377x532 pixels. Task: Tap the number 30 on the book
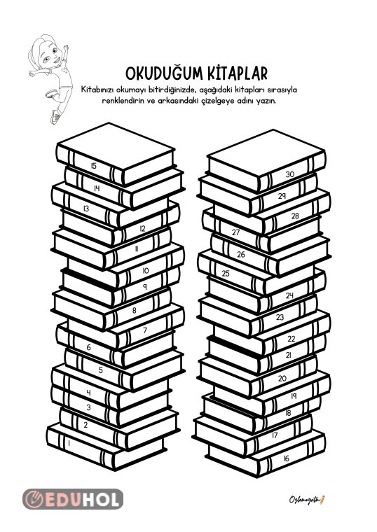(x=289, y=175)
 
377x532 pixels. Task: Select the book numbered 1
(x=68, y=442)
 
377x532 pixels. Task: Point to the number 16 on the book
(x=285, y=459)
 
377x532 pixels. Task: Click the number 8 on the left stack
(x=135, y=311)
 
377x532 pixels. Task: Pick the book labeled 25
(x=226, y=274)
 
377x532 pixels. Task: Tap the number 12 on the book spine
(x=142, y=228)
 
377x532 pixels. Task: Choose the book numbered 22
(x=291, y=339)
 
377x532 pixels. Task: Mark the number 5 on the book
(x=101, y=370)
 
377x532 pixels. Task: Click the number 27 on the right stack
(x=236, y=232)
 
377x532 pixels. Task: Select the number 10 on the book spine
(x=145, y=270)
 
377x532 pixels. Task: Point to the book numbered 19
(x=294, y=396)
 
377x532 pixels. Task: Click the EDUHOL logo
(x=73, y=498)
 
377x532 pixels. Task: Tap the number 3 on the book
(x=89, y=407)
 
